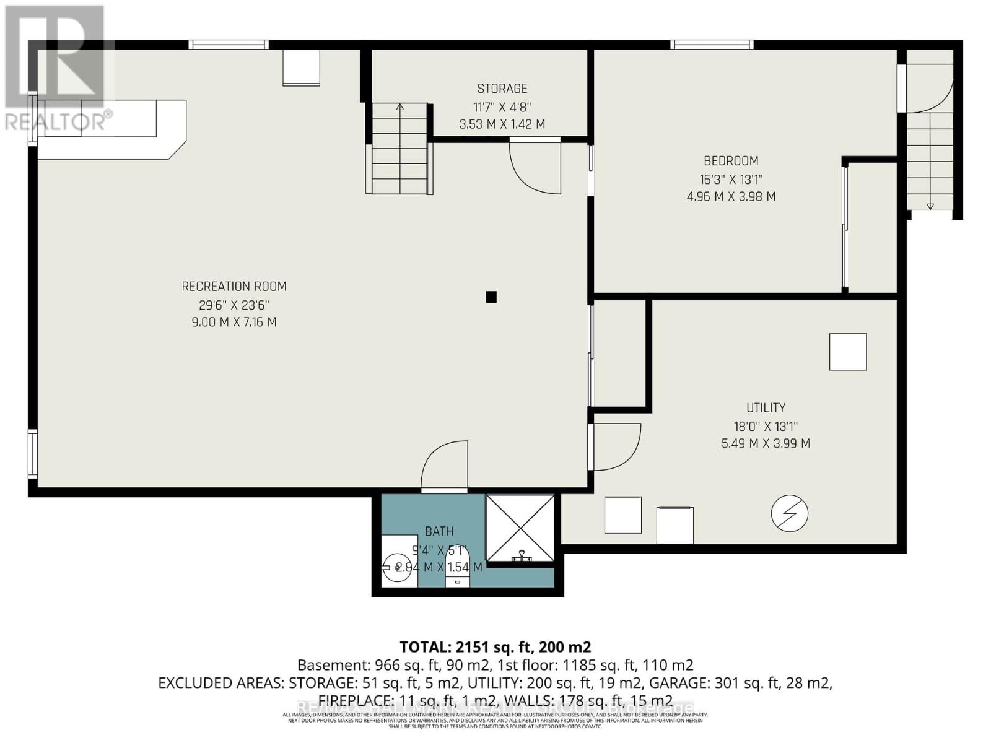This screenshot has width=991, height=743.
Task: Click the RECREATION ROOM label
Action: pyautogui.click(x=234, y=287)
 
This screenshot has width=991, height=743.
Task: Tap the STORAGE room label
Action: pyautogui.click(x=502, y=89)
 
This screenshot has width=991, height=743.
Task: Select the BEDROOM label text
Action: pyautogui.click(x=731, y=161)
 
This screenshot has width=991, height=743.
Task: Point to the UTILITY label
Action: pyautogui.click(x=766, y=407)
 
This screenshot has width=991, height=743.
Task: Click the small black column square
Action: pyautogui.click(x=491, y=297)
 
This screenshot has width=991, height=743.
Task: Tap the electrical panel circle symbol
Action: pyautogui.click(x=790, y=513)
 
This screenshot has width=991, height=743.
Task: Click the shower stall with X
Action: pyautogui.click(x=520, y=528)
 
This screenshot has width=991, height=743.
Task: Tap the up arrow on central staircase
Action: pyautogui.click(x=400, y=108)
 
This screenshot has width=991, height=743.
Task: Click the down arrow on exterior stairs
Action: pyautogui.click(x=930, y=205)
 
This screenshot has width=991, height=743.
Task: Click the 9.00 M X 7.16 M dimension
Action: pyautogui.click(x=234, y=322)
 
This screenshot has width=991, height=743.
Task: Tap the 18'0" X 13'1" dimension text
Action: pyautogui.click(x=766, y=427)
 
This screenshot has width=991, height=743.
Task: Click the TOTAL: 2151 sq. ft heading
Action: pyautogui.click(x=495, y=647)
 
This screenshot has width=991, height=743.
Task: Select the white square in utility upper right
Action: pyautogui.click(x=848, y=352)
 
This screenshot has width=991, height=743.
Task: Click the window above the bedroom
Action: pyautogui.click(x=712, y=45)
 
